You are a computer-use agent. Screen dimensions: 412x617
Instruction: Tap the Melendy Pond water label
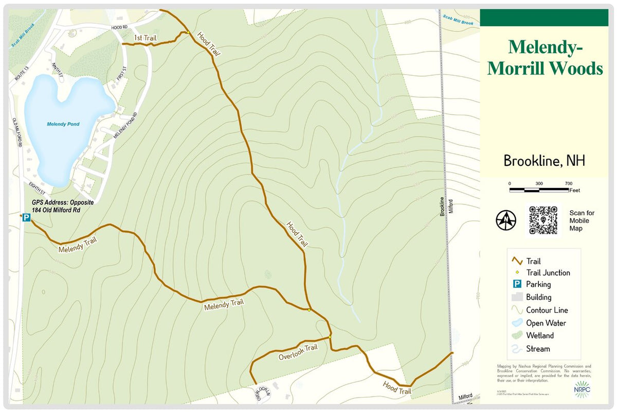[x=63, y=124]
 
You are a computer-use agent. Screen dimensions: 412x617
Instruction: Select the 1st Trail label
[x=145, y=38]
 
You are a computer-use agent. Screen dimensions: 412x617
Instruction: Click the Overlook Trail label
[x=298, y=352]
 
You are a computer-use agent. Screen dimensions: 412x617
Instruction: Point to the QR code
[x=543, y=220]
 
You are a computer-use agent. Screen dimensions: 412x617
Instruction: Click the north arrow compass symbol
[x=506, y=220]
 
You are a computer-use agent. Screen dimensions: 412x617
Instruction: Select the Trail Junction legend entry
[x=548, y=273]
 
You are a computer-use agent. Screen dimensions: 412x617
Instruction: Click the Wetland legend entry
[x=539, y=336]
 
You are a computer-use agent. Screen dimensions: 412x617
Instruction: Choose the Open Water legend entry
[x=546, y=323]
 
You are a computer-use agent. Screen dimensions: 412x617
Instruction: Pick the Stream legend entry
[x=537, y=349]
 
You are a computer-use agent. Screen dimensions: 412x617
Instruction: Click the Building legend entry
[x=538, y=297]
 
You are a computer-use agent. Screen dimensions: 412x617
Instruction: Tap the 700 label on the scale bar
[x=569, y=184]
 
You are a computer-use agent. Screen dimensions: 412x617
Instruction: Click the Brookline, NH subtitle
[x=544, y=161]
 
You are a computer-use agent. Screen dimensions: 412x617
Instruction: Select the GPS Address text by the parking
[x=56, y=206]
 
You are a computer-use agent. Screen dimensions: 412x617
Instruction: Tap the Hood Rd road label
[x=119, y=27]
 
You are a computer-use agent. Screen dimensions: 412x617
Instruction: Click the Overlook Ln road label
[x=263, y=393]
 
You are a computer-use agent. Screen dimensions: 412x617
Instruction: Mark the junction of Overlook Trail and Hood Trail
[x=330, y=336]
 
